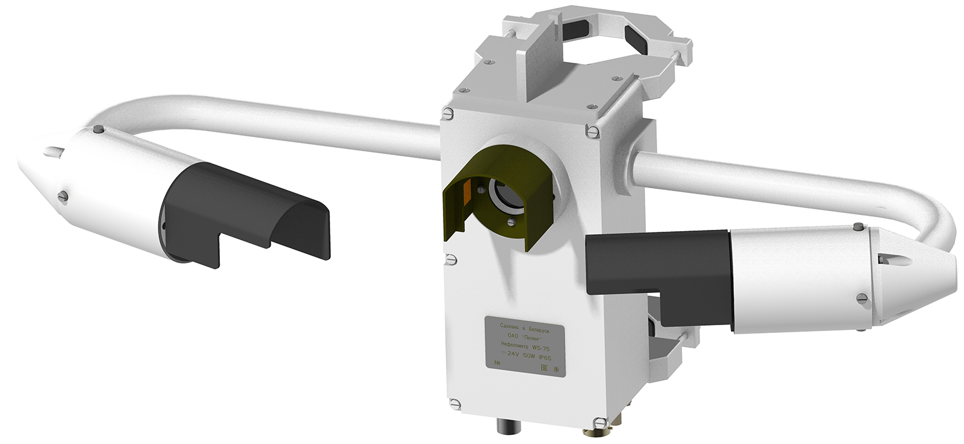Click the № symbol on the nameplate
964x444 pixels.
pyautogui.click(x=497, y=363)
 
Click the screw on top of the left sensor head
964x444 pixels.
pyautogui.click(x=98, y=128)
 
